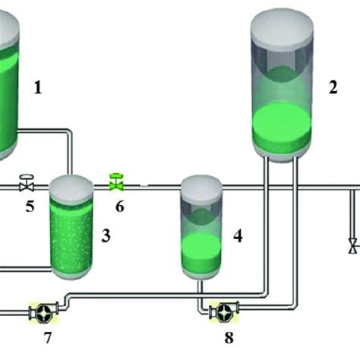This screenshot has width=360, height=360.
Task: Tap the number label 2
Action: click(x=332, y=87)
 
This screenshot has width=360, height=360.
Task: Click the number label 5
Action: click(x=30, y=206)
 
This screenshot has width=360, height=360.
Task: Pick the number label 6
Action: click(x=119, y=206)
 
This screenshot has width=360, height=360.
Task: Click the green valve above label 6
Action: click(x=116, y=182)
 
